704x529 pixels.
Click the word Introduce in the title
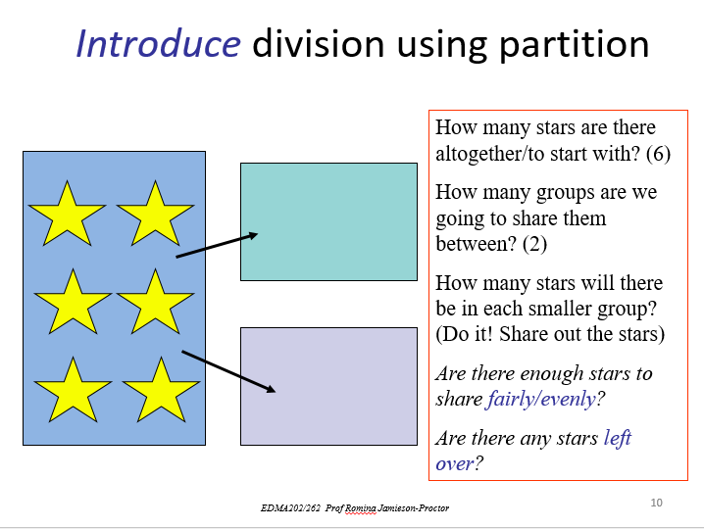158,44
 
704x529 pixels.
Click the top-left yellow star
67,213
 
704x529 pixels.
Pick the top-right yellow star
155,213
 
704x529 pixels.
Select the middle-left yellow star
72,302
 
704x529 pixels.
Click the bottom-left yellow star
72,389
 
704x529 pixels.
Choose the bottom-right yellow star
161,389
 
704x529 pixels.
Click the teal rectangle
328,221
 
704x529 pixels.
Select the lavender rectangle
328,386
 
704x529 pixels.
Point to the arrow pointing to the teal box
217,245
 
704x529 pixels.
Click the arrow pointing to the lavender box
228,371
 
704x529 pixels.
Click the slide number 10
656,503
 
